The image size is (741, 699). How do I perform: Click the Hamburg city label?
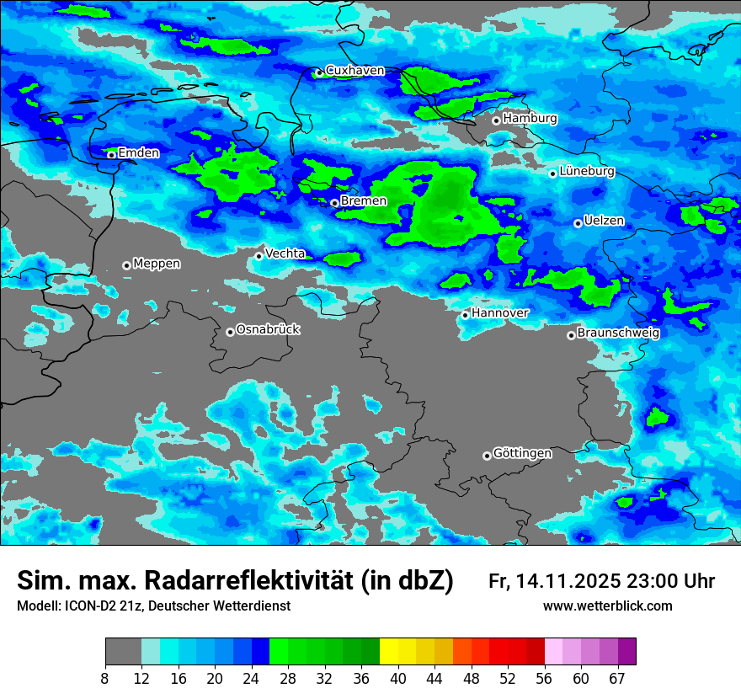[x=530, y=119]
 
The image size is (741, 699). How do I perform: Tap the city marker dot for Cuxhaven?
[x=319, y=73]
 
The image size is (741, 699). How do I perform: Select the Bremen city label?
[x=364, y=201]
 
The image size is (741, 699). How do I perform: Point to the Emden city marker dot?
[x=111, y=154]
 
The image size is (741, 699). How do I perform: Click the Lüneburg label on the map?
[x=587, y=171]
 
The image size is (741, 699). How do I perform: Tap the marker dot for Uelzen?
[x=578, y=223]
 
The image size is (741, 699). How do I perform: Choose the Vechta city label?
[x=285, y=253]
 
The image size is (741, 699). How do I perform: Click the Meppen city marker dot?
[x=126, y=265]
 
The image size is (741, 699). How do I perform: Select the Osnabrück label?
[x=268, y=329]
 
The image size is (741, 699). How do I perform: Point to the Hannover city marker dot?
[x=465, y=315]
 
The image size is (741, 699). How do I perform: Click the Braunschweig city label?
[x=618, y=333]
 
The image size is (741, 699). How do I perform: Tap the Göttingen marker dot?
[x=487, y=456]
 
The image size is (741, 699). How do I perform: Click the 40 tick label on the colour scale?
[x=399, y=678]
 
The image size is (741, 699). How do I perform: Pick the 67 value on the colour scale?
[x=618, y=678]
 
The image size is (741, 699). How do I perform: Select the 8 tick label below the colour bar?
[x=105, y=678]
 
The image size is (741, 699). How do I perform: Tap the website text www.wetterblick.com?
[x=607, y=606]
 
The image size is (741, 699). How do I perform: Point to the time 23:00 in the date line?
[x=654, y=581]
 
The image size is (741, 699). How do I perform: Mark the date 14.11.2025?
[x=568, y=581]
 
